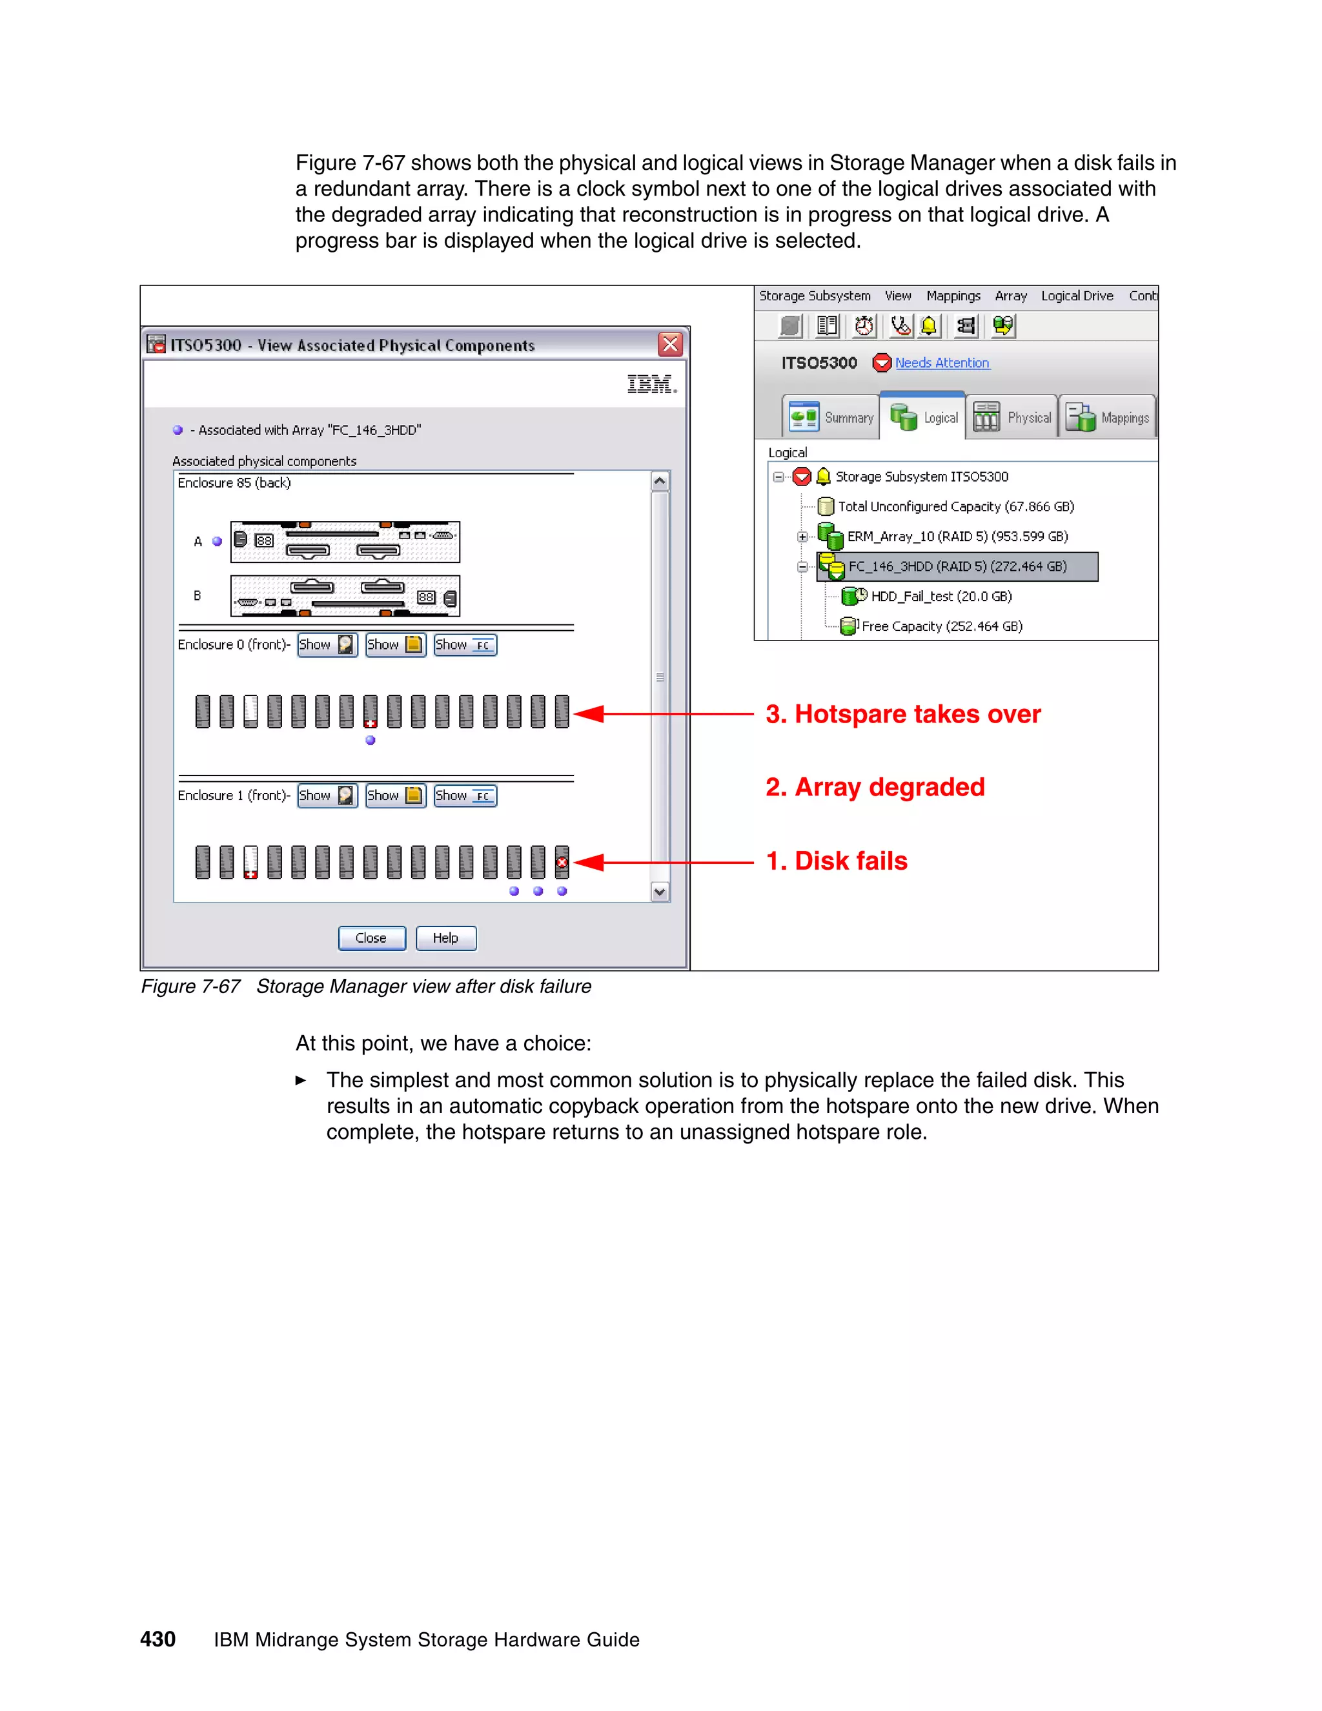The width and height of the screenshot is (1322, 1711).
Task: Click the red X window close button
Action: click(x=671, y=344)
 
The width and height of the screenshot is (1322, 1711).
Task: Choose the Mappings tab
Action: click(x=1108, y=418)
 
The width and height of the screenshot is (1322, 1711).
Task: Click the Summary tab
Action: click(x=831, y=418)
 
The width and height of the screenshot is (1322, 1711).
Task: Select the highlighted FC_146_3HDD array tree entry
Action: click(x=957, y=566)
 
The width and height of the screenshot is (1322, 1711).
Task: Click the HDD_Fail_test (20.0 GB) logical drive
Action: click(x=941, y=596)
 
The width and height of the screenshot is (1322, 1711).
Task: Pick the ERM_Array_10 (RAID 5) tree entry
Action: click(x=957, y=537)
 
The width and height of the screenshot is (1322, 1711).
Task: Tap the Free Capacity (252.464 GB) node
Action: click(x=941, y=626)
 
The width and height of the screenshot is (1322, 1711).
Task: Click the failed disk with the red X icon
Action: click(x=562, y=862)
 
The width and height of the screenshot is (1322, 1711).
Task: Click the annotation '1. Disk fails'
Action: click(x=837, y=861)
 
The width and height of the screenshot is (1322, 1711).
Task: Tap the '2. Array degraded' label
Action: click(x=875, y=786)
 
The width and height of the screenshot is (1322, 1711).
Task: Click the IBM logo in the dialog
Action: click(x=651, y=384)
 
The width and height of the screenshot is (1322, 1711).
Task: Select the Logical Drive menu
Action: click(x=1076, y=296)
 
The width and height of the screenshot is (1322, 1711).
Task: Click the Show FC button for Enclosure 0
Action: click(x=465, y=645)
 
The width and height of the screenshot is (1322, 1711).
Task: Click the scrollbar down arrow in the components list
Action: click(x=660, y=892)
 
